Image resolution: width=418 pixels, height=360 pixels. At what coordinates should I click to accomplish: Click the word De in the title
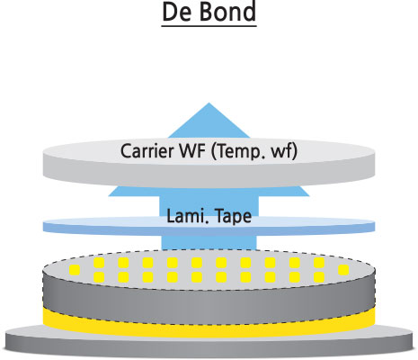point(177,12)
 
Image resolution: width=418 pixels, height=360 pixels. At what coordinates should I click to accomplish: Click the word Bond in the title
point(227,12)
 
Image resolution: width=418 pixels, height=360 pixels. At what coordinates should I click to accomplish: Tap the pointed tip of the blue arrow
point(209,103)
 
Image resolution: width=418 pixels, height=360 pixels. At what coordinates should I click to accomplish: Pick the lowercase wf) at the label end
point(284,152)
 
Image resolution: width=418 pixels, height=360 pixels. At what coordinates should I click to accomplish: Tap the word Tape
point(234,217)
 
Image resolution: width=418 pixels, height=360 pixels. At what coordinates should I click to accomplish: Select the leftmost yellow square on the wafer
point(75,270)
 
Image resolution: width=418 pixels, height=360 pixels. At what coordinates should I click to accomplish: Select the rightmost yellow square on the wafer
point(343,270)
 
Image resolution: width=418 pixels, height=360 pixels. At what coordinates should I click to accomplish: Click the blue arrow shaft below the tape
point(209,242)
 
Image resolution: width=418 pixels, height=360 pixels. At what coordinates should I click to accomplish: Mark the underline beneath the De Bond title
point(209,26)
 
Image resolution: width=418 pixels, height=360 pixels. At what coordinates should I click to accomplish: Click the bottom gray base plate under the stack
point(209,345)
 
